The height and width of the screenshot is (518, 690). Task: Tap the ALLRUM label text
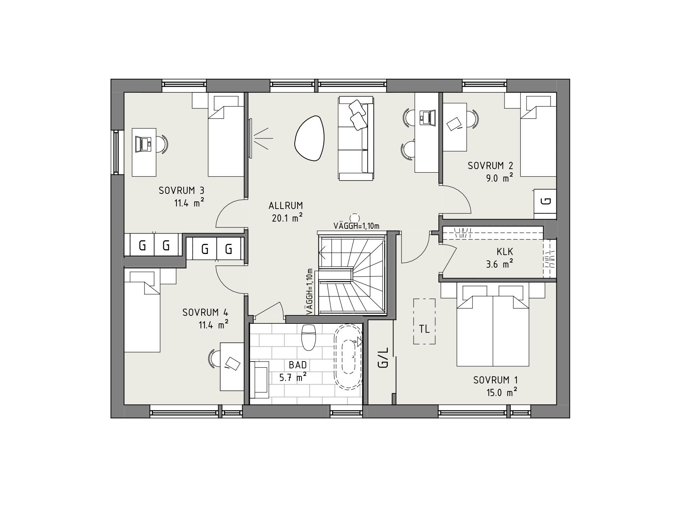(x=286, y=206)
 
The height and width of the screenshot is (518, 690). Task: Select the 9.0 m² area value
(x=499, y=178)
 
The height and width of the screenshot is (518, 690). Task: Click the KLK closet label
(x=505, y=251)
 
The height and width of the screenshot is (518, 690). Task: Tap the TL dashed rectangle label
(x=424, y=329)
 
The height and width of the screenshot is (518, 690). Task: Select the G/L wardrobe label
(x=383, y=358)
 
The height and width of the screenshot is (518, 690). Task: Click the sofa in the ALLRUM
(x=355, y=138)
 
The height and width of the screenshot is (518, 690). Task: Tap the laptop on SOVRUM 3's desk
(x=144, y=144)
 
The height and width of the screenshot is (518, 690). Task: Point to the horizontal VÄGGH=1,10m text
(x=356, y=226)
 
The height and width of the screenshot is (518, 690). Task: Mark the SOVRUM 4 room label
(x=205, y=312)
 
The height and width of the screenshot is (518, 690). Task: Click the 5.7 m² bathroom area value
(x=293, y=378)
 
